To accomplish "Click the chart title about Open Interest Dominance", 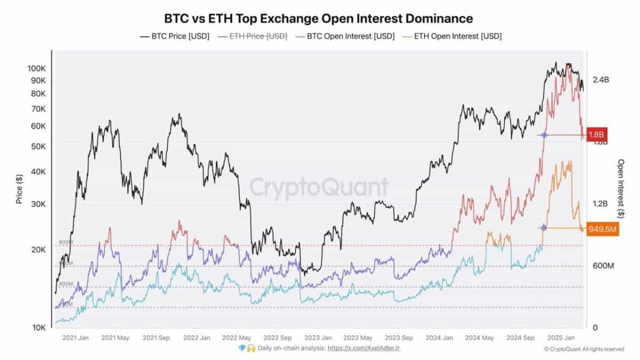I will click(318, 18).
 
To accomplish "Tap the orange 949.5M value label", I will click(603, 229).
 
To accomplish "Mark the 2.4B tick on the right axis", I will click(601, 80).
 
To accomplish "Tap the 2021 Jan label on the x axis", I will click(75, 338).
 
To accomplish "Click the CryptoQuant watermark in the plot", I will click(319, 188).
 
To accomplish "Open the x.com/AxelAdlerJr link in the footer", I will click(364, 348).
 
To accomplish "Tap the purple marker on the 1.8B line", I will click(544, 135).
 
